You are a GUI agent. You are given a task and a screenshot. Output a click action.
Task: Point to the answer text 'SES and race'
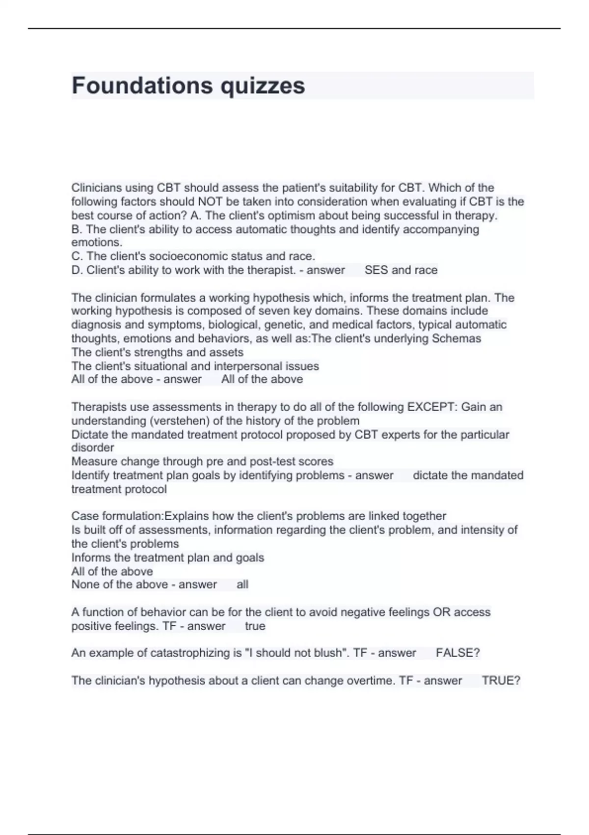pyautogui.click(x=401, y=270)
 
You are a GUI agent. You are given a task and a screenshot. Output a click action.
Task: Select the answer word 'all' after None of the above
pyautogui.click(x=242, y=584)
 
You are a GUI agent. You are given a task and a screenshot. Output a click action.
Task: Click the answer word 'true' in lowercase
pyautogui.click(x=255, y=626)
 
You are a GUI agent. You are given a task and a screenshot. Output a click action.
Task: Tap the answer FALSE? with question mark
pyautogui.click(x=457, y=653)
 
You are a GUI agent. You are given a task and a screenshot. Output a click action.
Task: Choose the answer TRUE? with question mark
pyautogui.click(x=501, y=680)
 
